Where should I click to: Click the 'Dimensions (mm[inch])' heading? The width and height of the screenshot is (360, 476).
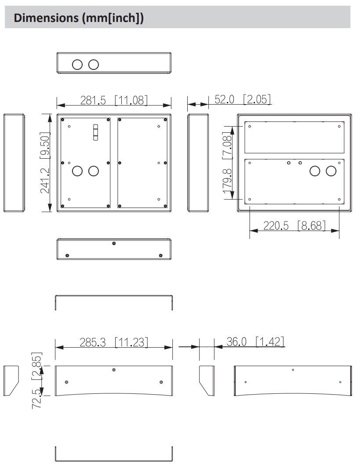[79, 18]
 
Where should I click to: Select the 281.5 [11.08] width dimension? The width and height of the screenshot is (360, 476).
[113, 100]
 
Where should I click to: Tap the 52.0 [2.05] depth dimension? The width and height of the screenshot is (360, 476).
[243, 99]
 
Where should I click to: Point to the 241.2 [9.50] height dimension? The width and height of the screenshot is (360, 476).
[45, 162]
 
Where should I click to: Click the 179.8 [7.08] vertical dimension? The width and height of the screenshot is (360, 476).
[227, 162]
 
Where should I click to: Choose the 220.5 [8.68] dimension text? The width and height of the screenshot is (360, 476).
[295, 225]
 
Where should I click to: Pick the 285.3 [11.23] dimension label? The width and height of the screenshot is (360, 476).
[113, 342]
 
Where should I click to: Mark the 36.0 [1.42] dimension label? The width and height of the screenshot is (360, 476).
[255, 341]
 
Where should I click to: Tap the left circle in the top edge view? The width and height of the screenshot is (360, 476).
[77, 65]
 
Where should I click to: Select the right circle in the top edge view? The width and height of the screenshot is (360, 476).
[94, 65]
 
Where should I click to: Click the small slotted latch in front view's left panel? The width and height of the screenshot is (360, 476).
[95, 132]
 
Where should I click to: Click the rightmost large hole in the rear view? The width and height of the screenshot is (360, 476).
[331, 171]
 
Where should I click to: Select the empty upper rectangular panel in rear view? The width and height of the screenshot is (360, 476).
[294, 137]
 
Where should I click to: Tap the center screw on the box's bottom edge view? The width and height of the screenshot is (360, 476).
[114, 243]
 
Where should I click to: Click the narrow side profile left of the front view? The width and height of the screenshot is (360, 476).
[14, 163]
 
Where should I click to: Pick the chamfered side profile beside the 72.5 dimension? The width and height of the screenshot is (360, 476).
[11, 381]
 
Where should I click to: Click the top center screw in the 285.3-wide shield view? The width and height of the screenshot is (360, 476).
[114, 370]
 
